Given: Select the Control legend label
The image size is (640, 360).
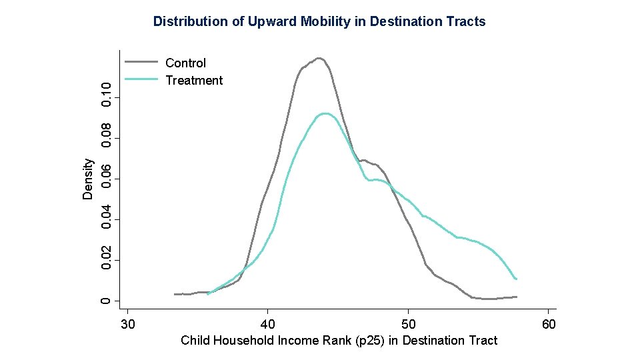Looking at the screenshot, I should (x=185, y=63).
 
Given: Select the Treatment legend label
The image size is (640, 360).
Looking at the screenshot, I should (x=194, y=81).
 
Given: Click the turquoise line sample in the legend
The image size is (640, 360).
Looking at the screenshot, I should (x=141, y=80).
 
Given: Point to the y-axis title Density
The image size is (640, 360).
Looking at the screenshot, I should (x=88, y=179).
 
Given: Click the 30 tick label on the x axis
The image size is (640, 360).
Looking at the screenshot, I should (x=127, y=324).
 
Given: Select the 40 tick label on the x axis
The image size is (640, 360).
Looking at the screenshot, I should (x=267, y=324).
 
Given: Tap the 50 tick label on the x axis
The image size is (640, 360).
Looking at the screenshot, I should (x=408, y=324).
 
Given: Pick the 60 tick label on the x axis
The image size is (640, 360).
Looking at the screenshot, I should (x=548, y=324).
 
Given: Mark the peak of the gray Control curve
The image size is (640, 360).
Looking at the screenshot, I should (x=319, y=59).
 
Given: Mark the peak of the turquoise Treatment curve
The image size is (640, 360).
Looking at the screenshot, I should (x=325, y=114).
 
